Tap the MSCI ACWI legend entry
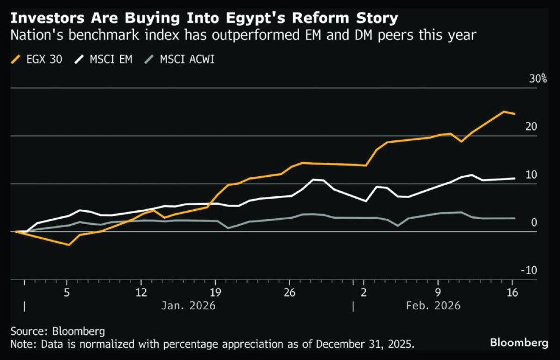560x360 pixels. pos(182,60)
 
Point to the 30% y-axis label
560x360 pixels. pos(538,78)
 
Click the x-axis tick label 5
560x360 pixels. pos(67,293)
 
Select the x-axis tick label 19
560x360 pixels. pos(215,293)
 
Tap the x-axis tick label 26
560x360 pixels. pos(289,293)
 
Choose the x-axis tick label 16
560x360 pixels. pos(512,293)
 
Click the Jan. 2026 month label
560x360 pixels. pos(189,306)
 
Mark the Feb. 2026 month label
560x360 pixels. pos(433,306)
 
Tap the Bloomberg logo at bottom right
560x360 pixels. pos(519,343)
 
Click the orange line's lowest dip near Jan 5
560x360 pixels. pos(69,245)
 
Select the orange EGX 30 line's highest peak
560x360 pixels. pos(504,111)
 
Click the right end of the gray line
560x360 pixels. pos(515,218)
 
